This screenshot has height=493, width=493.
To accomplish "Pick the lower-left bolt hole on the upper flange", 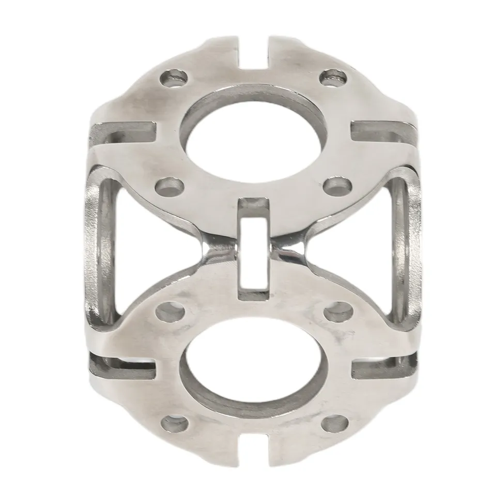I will (x=170, y=185).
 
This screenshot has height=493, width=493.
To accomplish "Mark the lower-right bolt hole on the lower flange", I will (x=331, y=424).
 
